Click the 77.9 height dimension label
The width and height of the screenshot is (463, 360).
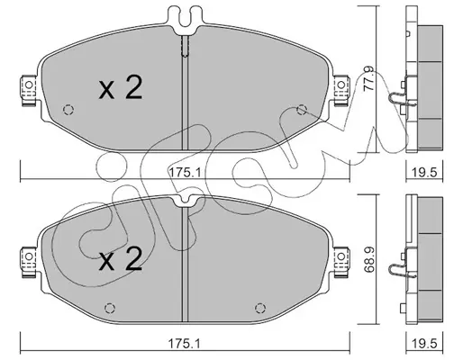[x=369, y=79]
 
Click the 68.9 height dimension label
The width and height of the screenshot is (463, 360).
[x=369, y=259]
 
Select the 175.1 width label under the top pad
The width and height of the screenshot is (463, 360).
[x=184, y=173]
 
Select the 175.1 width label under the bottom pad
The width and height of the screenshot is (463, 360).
[x=184, y=344]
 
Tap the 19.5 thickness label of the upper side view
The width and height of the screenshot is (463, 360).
[x=423, y=173]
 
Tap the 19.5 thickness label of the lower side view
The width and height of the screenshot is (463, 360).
[x=423, y=344]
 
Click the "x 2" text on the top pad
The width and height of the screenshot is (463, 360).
[x=121, y=87]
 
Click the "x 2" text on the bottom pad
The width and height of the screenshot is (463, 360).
[x=121, y=259]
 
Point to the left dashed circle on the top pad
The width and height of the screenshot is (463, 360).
[x=68, y=110]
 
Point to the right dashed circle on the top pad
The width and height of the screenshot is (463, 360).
[x=302, y=110]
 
